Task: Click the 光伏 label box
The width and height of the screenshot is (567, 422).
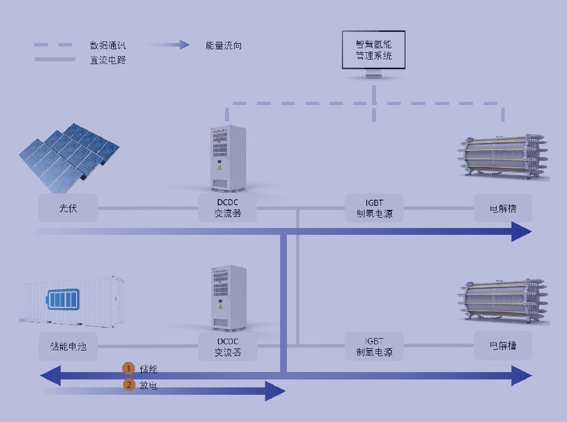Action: (x=68, y=208)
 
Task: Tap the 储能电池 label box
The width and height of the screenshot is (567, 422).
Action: (x=68, y=346)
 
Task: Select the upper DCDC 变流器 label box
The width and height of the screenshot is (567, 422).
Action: (x=228, y=208)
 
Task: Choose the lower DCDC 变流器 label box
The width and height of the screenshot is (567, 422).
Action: (x=228, y=346)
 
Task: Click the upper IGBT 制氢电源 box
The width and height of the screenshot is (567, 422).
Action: (x=374, y=208)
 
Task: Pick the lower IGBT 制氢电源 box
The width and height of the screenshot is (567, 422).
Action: (x=374, y=346)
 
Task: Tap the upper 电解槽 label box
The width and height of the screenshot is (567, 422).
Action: (x=503, y=208)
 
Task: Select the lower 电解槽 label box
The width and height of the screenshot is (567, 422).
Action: (x=503, y=346)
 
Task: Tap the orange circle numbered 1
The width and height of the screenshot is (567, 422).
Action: (x=129, y=369)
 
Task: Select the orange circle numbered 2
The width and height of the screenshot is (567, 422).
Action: (x=129, y=385)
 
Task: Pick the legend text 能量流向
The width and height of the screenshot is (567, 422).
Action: (x=223, y=45)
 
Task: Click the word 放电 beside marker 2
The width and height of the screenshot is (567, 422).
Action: (x=148, y=386)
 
